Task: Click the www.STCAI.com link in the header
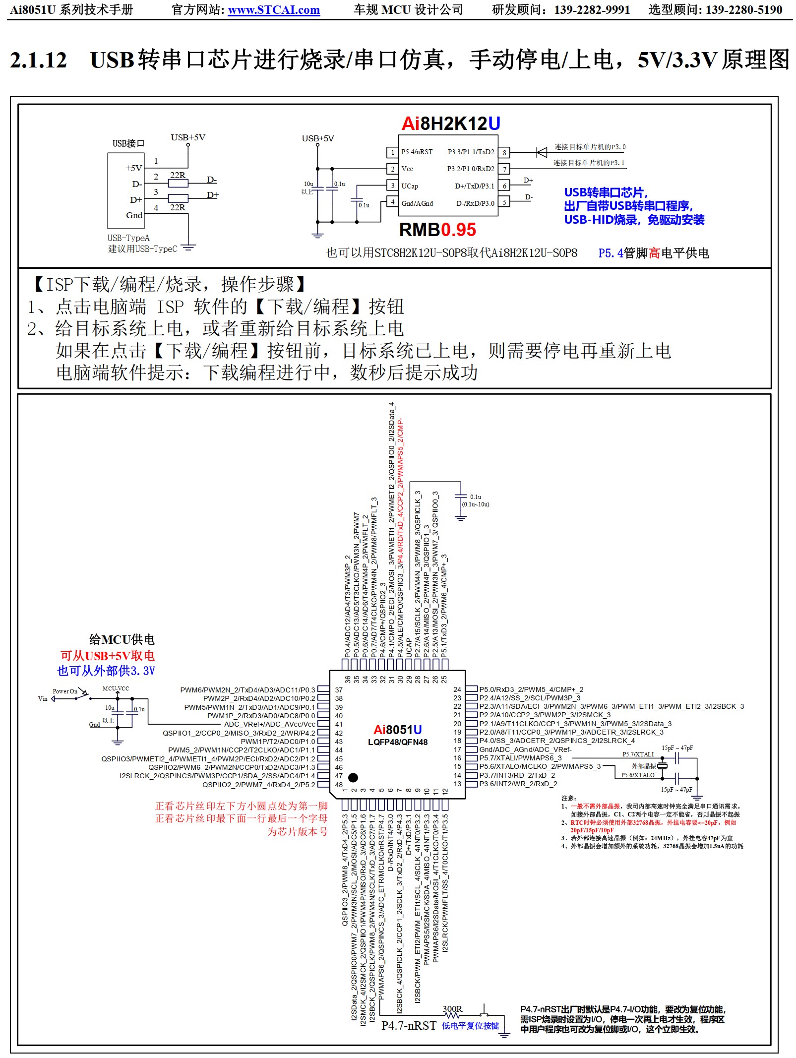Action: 274,10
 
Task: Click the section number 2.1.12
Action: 38,60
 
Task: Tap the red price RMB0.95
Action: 437,230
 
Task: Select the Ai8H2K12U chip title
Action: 450,124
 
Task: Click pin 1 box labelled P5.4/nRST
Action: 392,152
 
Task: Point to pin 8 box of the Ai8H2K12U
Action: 504,152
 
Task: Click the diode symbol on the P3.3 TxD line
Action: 541,152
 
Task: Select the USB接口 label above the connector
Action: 128,144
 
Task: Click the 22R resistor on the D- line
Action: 178,184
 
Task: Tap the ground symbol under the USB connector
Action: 188,247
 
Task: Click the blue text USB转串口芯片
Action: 605,192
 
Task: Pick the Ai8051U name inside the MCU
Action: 397,730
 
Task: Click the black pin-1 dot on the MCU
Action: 353,777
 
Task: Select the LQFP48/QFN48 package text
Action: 397,743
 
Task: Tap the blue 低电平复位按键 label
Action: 470,1026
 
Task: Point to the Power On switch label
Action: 65,691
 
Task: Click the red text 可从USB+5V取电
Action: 108,656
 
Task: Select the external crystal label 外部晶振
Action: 643,766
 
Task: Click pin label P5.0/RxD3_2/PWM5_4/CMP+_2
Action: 531,689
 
